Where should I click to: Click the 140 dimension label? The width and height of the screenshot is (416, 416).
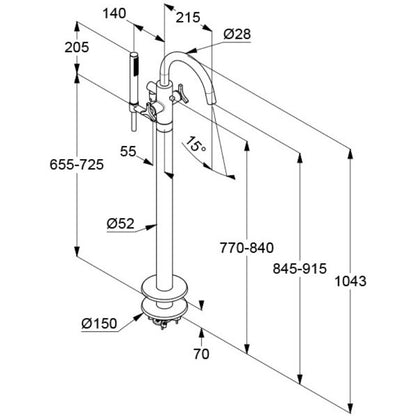(114, 14)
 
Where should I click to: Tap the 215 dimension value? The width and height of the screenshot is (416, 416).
(188, 17)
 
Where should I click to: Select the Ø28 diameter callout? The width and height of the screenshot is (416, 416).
(237, 34)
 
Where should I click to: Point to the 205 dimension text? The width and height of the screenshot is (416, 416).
(77, 47)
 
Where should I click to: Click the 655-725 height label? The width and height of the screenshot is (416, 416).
(77, 164)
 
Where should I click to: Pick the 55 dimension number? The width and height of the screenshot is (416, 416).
(128, 151)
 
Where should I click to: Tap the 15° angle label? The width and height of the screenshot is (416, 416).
(196, 145)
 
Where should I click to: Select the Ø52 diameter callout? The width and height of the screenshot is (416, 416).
(120, 223)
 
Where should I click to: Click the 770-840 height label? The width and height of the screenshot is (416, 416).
(247, 248)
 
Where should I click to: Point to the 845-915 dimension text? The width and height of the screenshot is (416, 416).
(300, 268)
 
